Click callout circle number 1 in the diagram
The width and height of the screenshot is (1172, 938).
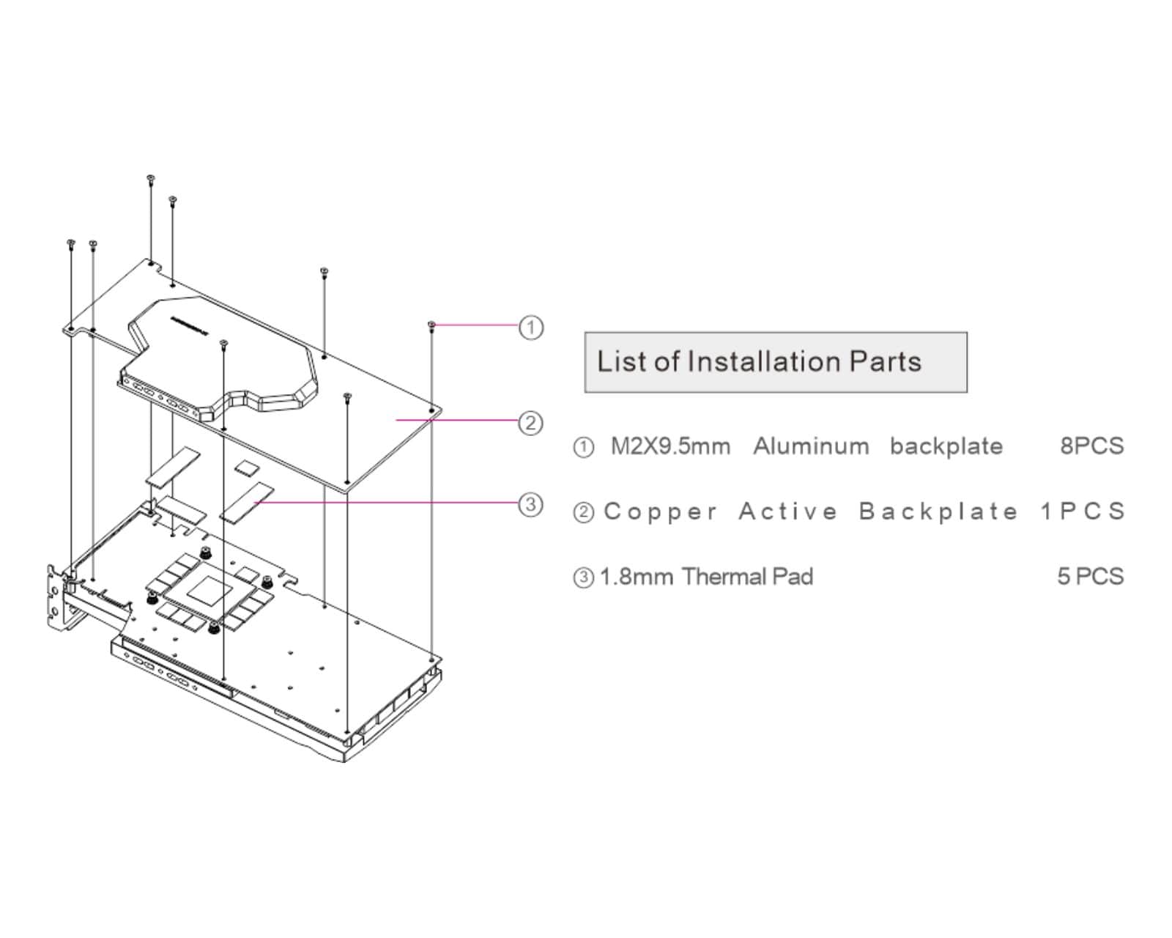[531, 327]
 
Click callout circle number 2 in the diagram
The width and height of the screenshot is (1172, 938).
[530, 423]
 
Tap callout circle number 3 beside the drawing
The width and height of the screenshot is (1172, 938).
[530, 504]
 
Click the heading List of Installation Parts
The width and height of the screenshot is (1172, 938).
[759, 362]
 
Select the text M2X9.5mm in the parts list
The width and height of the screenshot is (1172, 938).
[670, 446]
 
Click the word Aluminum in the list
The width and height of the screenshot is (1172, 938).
[811, 446]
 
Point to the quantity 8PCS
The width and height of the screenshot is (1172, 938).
[1091, 446]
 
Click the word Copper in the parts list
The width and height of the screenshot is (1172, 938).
[660, 512]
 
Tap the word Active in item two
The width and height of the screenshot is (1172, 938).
[787, 512]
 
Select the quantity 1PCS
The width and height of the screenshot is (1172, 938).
[1082, 512]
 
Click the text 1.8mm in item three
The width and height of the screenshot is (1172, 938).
[636, 577]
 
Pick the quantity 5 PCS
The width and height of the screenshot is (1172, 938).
[1090, 577]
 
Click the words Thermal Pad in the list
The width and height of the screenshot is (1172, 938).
[747, 577]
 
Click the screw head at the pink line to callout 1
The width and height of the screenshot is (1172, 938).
[432, 325]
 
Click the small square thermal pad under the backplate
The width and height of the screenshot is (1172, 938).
[246, 466]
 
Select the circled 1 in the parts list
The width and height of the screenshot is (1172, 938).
[583, 447]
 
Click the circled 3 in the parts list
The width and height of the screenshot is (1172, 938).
[583, 577]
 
